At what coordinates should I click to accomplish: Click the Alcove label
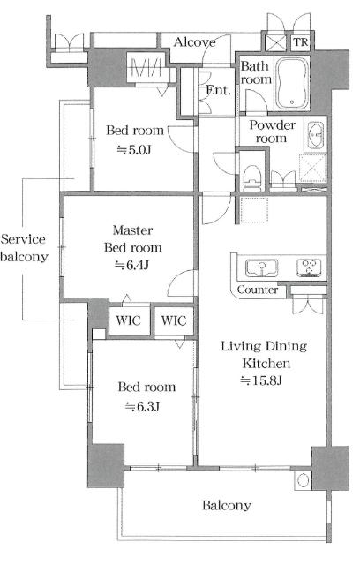[195, 42]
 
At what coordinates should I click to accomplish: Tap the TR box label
[301, 42]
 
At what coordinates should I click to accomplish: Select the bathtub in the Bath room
[292, 84]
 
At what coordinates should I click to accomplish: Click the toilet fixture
[252, 177]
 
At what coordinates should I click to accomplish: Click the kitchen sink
[261, 268]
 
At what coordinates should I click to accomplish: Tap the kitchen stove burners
[309, 268]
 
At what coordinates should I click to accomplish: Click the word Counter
[258, 290]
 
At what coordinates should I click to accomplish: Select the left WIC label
[129, 320]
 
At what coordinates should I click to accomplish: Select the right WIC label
[174, 320]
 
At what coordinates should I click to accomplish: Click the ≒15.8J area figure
[261, 380]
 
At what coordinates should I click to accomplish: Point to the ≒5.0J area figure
[134, 149]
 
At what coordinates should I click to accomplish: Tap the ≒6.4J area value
[131, 265]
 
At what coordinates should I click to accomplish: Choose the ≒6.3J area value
[142, 406]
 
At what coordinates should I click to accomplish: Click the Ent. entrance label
[218, 90]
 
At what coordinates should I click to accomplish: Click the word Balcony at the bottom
[227, 506]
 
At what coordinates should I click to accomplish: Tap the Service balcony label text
[24, 248]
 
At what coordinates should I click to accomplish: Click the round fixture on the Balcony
[303, 480]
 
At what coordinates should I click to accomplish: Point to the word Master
[132, 230]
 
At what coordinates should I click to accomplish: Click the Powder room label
[273, 132]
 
